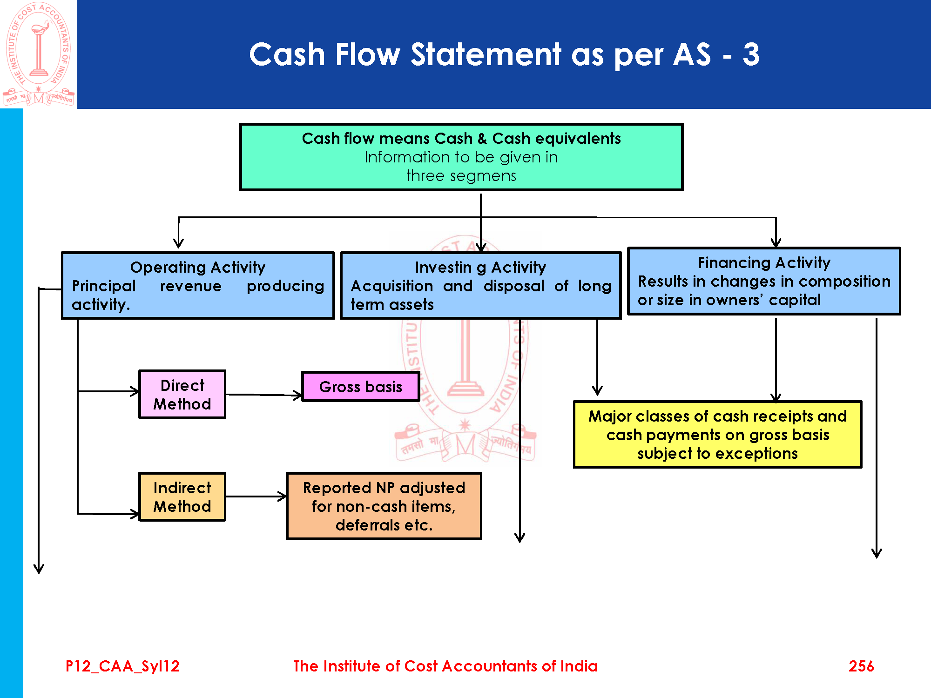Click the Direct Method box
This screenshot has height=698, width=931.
[x=182, y=395]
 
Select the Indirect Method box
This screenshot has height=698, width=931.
[x=182, y=497]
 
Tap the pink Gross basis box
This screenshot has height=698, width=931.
[x=361, y=387]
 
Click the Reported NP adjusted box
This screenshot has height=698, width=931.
[x=384, y=506]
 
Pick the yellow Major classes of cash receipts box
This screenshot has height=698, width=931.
[x=717, y=435]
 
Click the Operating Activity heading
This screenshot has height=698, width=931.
[x=198, y=267]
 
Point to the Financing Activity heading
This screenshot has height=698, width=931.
[x=764, y=262]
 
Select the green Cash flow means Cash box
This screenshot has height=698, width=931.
[x=461, y=157]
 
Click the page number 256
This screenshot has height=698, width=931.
[x=861, y=666]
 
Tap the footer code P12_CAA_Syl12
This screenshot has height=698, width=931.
[x=122, y=666]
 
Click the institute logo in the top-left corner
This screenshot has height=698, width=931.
[x=39, y=54]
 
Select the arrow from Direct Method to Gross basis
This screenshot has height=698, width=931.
[x=264, y=395]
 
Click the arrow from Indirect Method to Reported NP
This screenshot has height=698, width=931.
[x=256, y=497]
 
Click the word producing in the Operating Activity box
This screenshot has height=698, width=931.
[x=285, y=286]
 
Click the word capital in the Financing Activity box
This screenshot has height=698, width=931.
[x=795, y=300]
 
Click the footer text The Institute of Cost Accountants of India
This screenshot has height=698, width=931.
[x=445, y=666]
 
